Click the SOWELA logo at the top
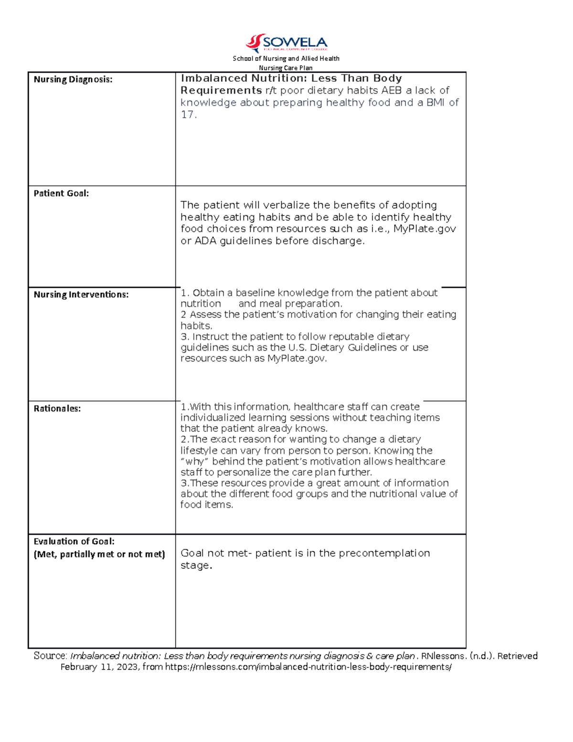point(286,43)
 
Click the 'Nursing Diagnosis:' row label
point(73,79)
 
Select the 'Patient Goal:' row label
point(61,194)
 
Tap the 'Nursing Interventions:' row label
point(81,295)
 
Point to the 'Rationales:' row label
point(57,409)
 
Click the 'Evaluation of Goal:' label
point(74,541)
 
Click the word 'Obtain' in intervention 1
point(208,293)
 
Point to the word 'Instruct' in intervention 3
point(211,336)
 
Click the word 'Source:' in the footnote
point(50,656)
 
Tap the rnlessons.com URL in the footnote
point(308,667)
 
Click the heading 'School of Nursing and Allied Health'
point(286,58)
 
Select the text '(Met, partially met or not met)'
point(99,554)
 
